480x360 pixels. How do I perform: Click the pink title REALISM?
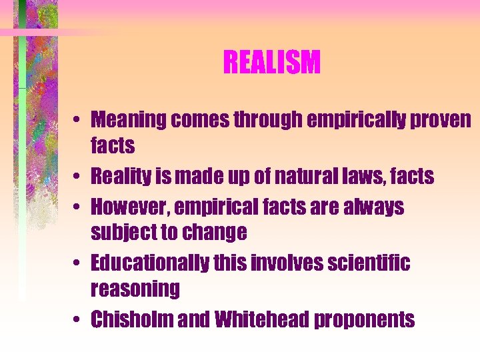tap(272, 63)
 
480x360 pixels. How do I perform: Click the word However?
tap(127, 207)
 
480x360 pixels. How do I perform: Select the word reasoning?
tap(135, 289)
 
